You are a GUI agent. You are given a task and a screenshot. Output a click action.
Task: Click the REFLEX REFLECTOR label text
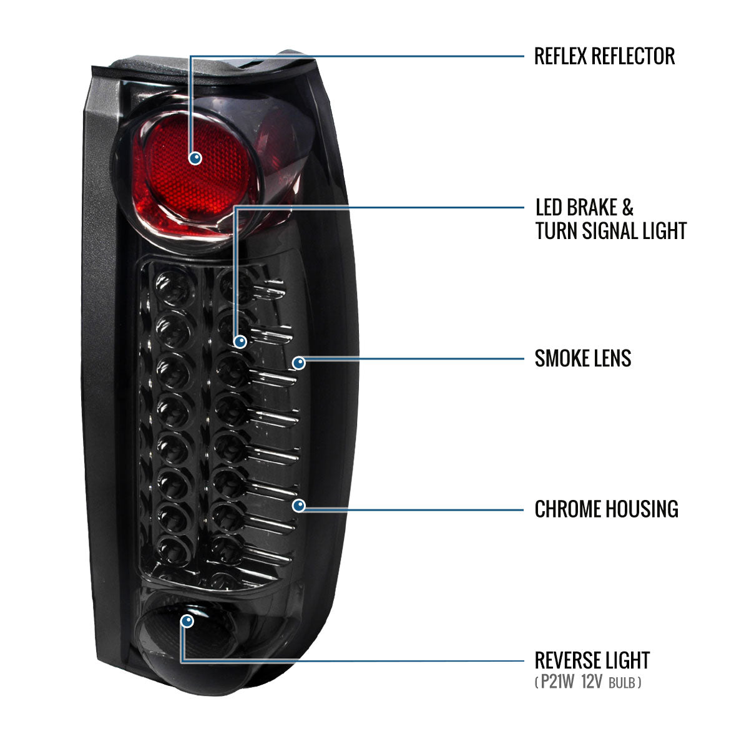pyautogui.click(x=604, y=56)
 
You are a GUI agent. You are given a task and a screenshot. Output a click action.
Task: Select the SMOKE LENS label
pyautogui.click(x=583, y=358)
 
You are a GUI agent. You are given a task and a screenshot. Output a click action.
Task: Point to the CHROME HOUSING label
pyautogui.click(x=606, y=509)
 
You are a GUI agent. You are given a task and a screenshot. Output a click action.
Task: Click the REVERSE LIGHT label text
pyautogui.click(x=592, y=660)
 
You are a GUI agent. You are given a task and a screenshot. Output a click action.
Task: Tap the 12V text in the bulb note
pyautogui.click(x=591, y=682)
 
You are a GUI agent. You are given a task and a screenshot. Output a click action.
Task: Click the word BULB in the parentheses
pyautogui.click(x=622, y=683)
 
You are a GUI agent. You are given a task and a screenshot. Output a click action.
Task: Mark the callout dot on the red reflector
pyautogui.click(x=196, y=159)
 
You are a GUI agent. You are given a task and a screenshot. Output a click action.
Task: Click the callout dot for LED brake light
pyautogui.click(x=240, y=341)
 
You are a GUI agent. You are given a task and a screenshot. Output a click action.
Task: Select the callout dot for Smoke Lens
pyautogui.click(x=299, y=363)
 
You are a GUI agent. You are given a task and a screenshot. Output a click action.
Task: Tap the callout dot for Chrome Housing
pyautogui.click(x=299, y=506)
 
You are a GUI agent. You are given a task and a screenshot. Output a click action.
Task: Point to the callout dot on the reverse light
pyautogui.click(x=187, y=621)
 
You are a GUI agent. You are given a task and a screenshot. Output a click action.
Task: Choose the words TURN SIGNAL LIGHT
pyautogui.click(x=611, y=231)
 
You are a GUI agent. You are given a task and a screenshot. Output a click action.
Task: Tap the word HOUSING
pyautogui.click(x=640, y=509)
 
